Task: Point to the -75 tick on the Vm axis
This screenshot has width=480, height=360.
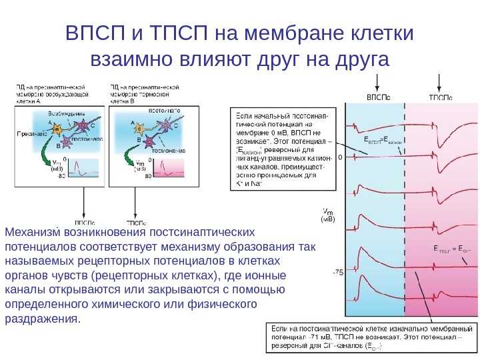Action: (337, 273)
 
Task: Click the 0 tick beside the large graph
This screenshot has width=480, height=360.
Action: (340, 158)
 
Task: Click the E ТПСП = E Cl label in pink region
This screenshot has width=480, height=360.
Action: (452, 249)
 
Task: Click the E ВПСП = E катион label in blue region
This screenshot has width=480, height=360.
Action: (383, 141)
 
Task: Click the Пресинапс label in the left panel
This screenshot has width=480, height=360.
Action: (30, 134)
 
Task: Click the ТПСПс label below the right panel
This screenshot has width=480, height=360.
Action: (137, 221)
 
